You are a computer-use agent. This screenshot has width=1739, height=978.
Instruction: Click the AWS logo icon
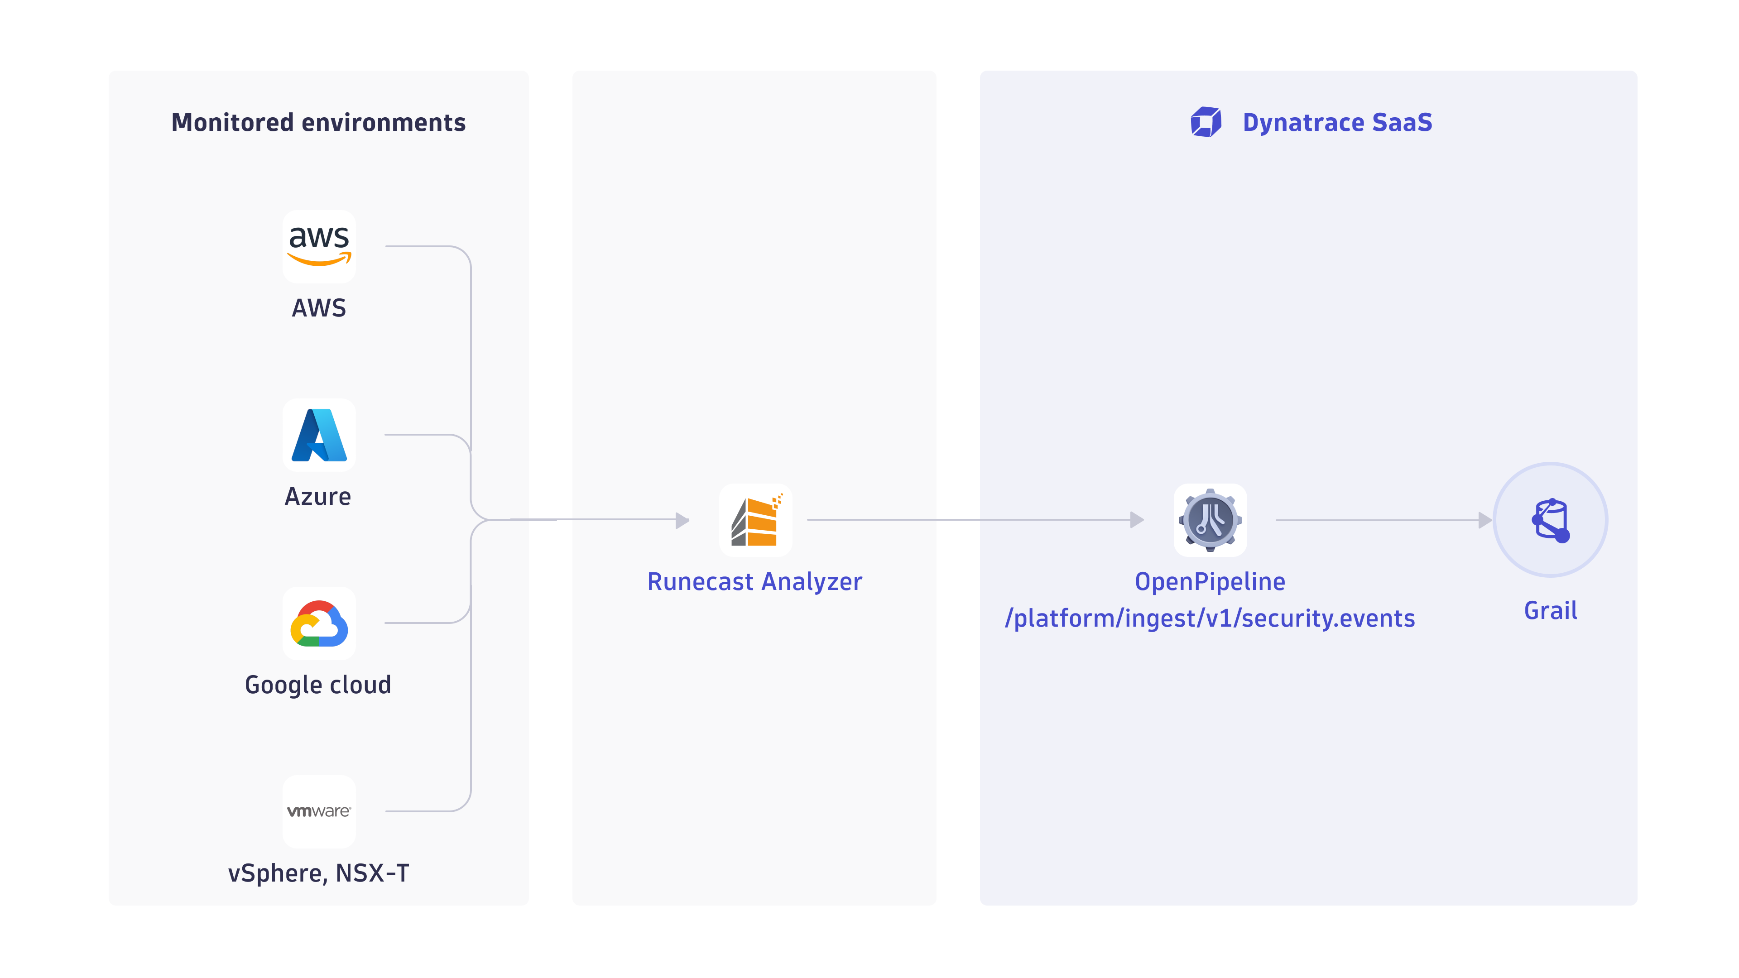coord(319,246)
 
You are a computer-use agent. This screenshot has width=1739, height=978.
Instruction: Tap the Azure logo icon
coord(319,435)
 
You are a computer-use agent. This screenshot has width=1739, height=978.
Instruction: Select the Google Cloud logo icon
coord(319,623)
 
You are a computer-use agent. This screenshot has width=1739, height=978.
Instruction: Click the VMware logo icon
coord(319,811)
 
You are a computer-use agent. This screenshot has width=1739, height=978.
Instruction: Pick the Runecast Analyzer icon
coord(755,520)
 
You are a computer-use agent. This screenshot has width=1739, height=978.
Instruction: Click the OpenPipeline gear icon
coord(1210,520)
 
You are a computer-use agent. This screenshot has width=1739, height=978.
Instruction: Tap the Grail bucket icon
coord(1551,520)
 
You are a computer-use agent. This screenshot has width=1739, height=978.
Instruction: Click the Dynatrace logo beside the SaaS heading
coord(1206,122)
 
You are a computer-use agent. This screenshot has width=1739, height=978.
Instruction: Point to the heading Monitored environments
coord(319,123)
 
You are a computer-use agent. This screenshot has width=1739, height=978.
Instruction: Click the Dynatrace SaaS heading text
coord(1337,123)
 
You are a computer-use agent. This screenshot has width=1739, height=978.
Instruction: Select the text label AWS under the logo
coord(319,308)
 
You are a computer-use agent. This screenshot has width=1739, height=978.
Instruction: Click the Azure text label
coord(318,497)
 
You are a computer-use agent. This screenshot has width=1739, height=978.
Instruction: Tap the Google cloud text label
coord(318,685)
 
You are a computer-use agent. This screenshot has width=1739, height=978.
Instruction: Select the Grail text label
coord(1551,611)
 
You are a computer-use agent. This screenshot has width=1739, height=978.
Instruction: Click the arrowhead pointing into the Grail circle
coord(1484,520)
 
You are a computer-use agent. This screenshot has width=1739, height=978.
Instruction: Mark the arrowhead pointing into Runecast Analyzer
coord(682,520)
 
